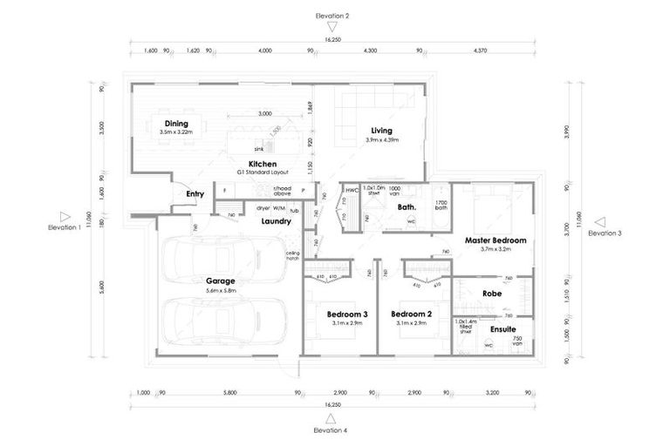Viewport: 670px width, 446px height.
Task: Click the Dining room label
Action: (x=177, y=123)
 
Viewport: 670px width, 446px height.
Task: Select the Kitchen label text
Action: (x=263, y=164)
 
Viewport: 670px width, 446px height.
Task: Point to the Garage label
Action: (x=220, y=281)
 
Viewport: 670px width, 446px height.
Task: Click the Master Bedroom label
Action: (x=495, y=240)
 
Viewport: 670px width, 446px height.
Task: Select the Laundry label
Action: (x=276, y=221)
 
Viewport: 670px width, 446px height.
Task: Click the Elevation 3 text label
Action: (x=605, y=233)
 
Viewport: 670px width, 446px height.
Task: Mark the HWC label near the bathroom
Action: (x=352, y=190)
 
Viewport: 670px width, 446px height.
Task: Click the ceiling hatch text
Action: (x=292, y=256)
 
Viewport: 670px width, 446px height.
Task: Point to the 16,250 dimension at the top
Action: (x=333, y=39)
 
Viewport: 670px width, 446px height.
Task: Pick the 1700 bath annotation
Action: (x=441, y=205)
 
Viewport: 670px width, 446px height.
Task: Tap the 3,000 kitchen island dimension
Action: (x=264, y=114)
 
